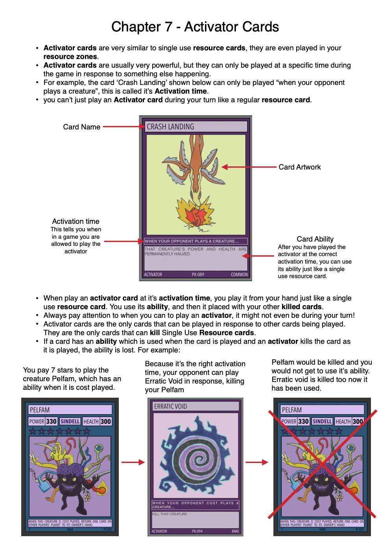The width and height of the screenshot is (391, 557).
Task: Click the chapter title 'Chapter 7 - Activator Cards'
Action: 195,27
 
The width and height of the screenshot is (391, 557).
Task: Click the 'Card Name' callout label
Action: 81,127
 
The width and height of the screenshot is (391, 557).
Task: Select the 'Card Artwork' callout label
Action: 299,167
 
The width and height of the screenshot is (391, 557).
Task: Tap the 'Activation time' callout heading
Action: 76,221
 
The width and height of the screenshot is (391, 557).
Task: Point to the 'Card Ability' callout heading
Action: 315,239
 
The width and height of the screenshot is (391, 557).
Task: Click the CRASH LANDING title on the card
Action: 170,127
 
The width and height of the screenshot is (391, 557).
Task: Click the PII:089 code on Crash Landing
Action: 198,275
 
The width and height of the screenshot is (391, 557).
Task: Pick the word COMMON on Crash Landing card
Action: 239,275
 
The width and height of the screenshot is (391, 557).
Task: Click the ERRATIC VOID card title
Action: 170,406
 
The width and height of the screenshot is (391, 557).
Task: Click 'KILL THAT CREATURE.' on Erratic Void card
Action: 170,514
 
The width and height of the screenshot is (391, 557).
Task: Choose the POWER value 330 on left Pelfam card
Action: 52,421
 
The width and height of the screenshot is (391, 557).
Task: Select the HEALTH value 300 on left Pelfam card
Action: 105,421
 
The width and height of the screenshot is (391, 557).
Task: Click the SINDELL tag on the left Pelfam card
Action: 70,421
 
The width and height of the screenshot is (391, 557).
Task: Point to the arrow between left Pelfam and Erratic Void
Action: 133,462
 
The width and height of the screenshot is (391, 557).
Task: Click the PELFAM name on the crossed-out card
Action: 292,410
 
